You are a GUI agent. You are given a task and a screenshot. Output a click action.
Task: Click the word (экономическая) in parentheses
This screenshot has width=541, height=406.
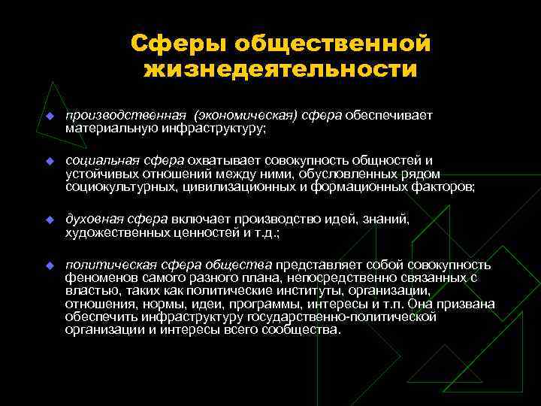point(246,116)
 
